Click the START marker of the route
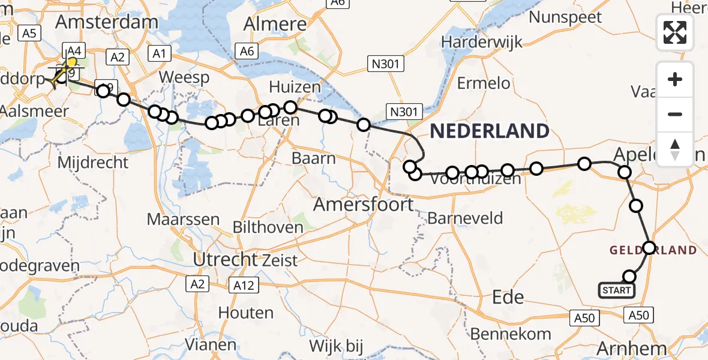(616, 291)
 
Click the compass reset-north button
(675, 149)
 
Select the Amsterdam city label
(107, 22)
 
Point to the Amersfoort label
(364, 205)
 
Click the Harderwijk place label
(482, 42)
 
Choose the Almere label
(276, 24)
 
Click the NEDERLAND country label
(489, 131)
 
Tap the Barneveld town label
(465, 218)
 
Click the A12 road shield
(244, 286)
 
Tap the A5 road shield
(29, 34)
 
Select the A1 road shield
(158, 54)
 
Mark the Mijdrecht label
(93, 162)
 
